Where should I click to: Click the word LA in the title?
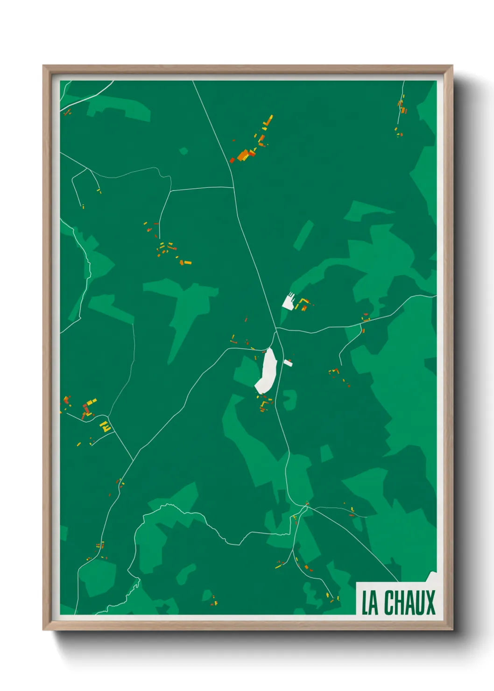pos(370,603)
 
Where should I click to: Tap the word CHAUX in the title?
pos(409,603)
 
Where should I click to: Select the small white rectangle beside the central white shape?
pos(288,362)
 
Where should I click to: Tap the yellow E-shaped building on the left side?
pos(106,426)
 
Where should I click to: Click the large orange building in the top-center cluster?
pos(243,155)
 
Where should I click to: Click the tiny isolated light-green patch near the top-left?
pos(183,151)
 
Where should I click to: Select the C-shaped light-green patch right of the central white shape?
pos(289,400)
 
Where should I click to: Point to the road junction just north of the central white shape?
pos(276,330)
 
